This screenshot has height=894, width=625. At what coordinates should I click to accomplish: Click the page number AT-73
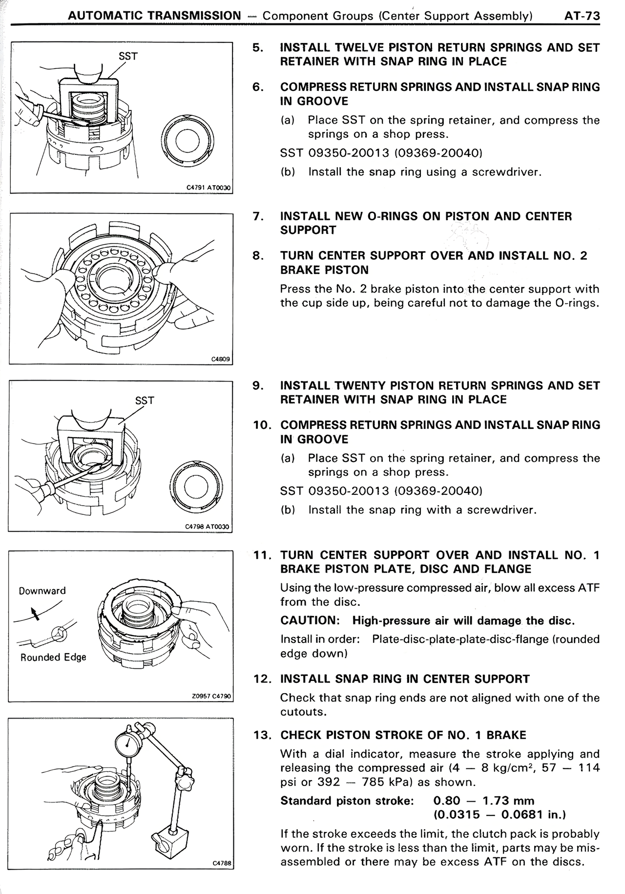pos(582,16)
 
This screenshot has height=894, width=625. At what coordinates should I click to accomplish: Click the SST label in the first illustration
pos(128,57)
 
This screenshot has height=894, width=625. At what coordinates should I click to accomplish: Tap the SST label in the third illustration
pos(145,401)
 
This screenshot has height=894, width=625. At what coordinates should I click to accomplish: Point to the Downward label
pos(42,591)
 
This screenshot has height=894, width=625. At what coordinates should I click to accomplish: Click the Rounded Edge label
pos(53,657)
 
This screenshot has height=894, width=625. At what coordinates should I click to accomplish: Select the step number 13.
pos(263,735)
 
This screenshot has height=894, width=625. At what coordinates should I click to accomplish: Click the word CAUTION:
pos(310,620)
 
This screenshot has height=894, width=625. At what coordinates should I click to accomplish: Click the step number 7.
pos(258,216)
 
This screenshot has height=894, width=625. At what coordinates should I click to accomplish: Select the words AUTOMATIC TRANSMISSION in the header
pos(154,16)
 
